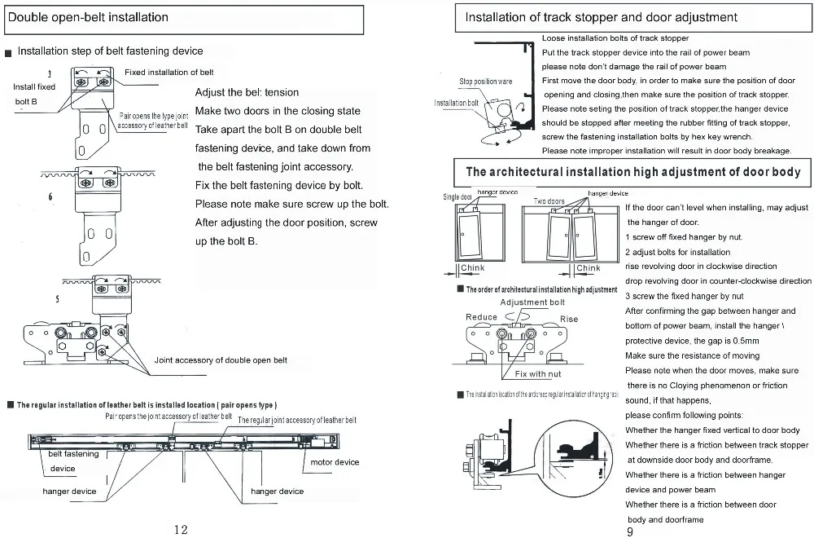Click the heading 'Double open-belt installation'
coord(90,17)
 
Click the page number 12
coord(182,529)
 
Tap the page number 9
coord(630,531)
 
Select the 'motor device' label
coord(335,462)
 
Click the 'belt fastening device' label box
coord(73,461)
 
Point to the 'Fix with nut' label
coord(538,374)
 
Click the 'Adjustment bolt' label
coord(532,302)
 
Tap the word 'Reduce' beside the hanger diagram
coord(481,317)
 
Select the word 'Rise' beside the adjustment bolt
coord(569,319)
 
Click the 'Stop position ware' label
coord(486,82)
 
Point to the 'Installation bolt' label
coord(457,104)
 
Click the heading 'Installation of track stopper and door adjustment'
coord(601,17)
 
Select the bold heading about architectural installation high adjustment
coord(632,172)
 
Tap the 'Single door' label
coord(457,197)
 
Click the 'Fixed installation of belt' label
coord(168,73)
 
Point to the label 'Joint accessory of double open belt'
coord(221,360)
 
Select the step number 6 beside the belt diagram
coord(50,197)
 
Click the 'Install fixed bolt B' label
coord(34,94)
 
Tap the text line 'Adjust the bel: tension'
coord(247,92)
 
